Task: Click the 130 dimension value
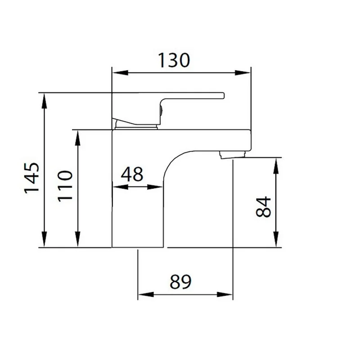174,60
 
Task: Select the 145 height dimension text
32,178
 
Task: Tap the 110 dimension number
65,186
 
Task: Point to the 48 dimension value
132,174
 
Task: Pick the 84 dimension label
263,207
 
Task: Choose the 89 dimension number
180,282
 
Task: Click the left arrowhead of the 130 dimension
120,73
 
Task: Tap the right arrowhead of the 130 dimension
243,73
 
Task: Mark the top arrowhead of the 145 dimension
44,101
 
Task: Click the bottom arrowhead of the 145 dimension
44,239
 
